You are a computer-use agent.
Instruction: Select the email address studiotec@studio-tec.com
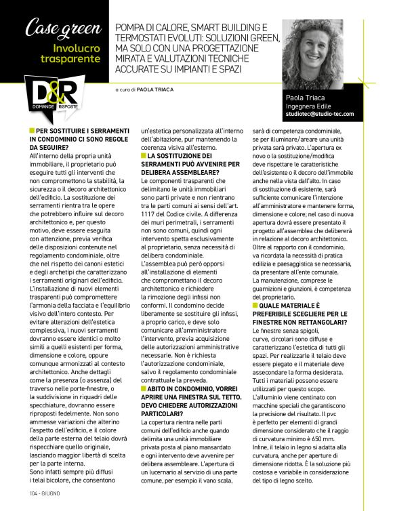coord(319,115)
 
